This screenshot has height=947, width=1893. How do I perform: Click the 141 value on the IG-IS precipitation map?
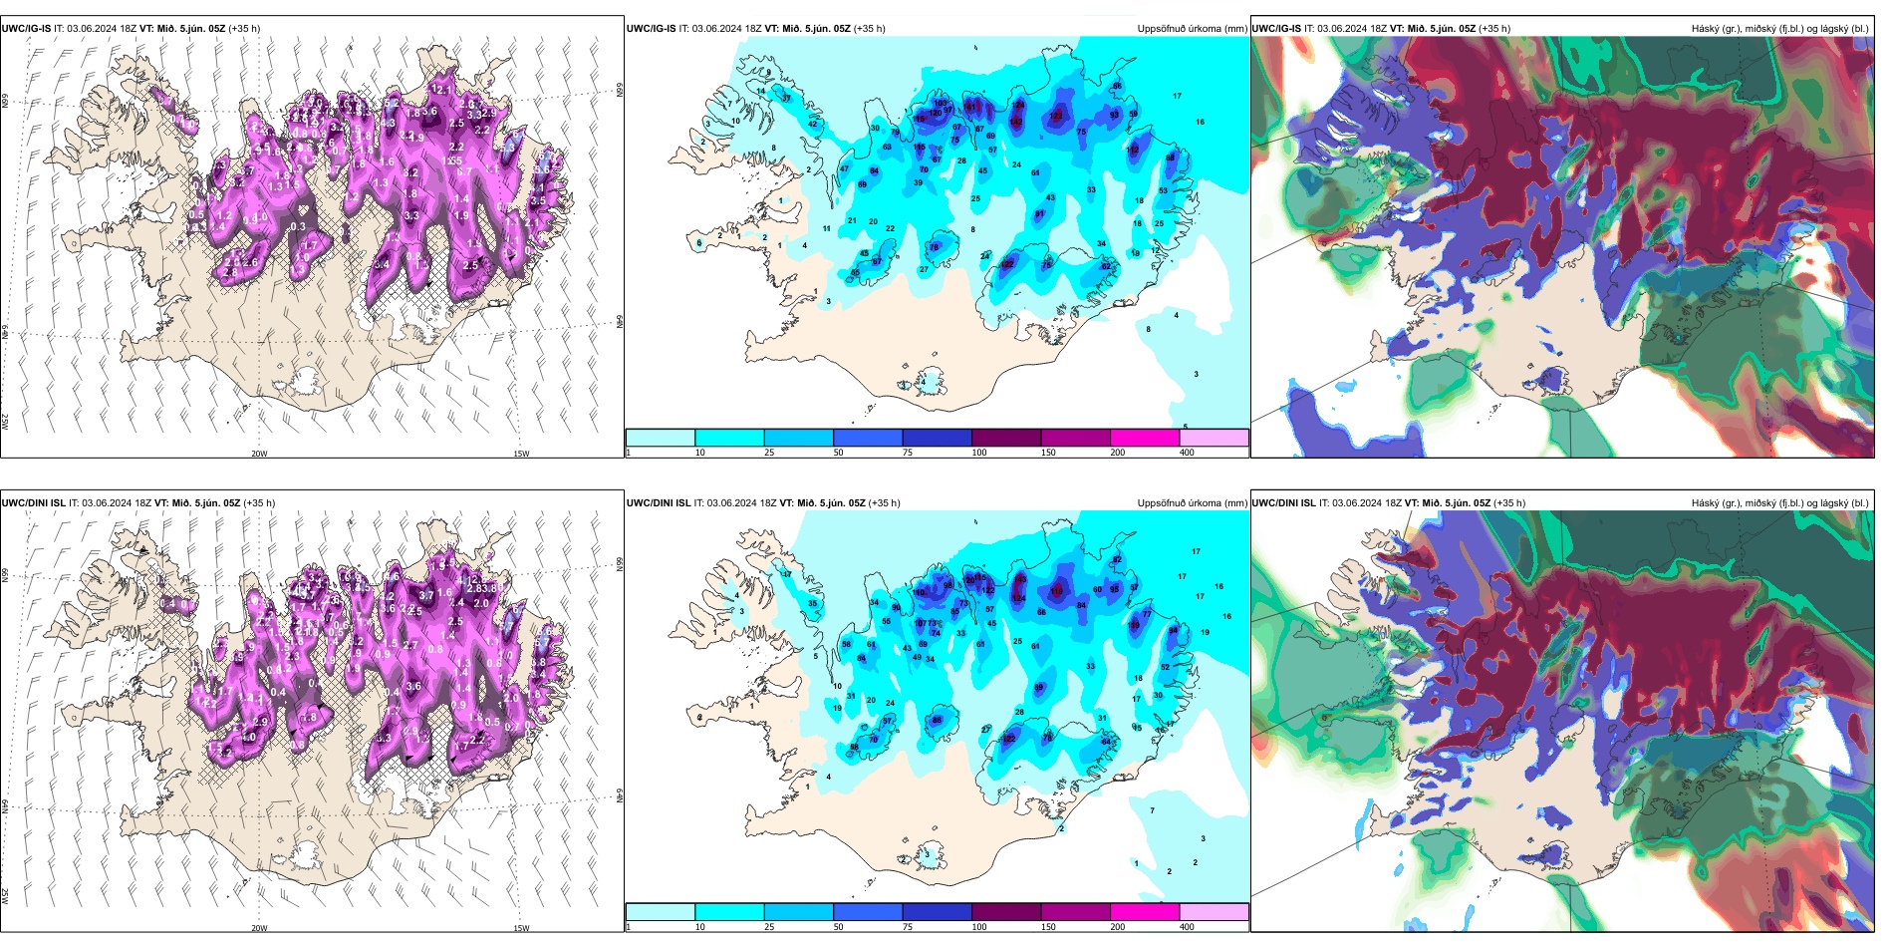972,107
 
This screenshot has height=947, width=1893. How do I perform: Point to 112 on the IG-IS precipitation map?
1133,150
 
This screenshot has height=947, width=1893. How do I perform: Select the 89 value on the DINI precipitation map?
1039,688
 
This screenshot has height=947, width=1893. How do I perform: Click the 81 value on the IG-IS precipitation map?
1039,214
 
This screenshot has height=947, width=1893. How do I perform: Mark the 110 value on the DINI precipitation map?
919,592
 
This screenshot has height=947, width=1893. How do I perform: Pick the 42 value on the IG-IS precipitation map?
812,125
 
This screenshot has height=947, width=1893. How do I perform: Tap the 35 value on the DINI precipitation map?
812,604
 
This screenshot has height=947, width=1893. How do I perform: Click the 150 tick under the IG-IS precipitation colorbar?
1047,453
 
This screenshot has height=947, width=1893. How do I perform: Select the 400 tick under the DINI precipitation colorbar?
1187,927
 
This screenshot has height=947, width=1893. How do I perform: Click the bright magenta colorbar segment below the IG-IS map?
1145,438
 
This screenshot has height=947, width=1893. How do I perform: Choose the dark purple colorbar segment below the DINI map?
1006,912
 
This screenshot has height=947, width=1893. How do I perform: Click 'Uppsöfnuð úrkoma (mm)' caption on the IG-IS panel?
1192,29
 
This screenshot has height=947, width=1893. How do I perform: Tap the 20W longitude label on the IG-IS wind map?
259,454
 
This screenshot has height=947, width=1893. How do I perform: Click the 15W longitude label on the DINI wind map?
521,928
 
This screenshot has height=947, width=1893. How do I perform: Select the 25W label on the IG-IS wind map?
5,422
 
